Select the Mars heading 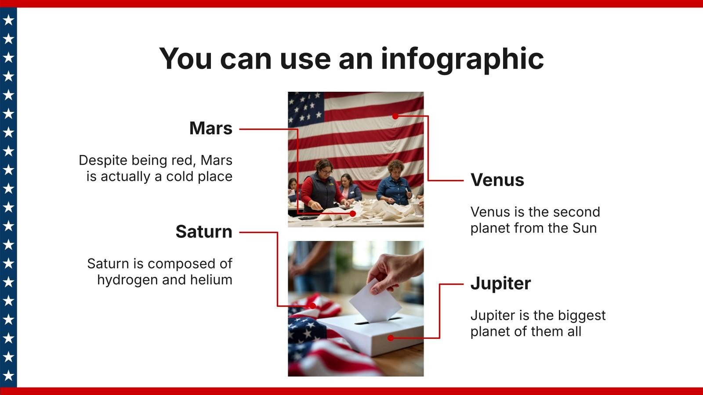(211, 128)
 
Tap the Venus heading (497, 180)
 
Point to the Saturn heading (204, 232)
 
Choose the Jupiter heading (500, 284)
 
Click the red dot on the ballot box (391, 338)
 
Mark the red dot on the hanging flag (395, 116)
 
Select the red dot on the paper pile (353, 213)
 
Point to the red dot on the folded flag (312, 306)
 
